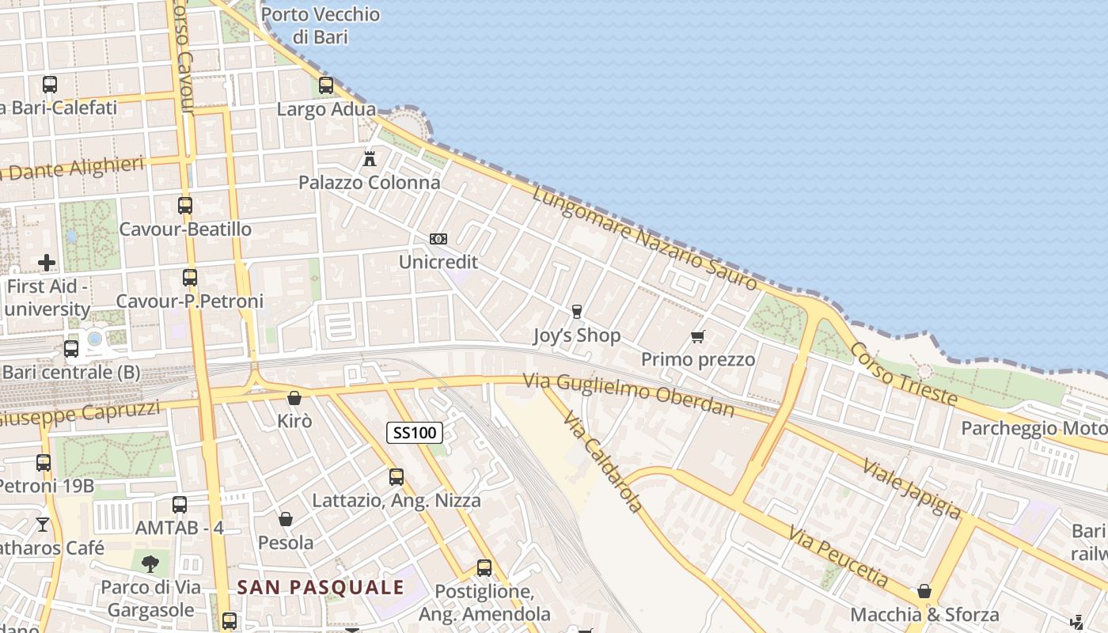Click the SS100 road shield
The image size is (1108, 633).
415,432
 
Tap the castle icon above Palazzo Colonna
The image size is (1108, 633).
369,158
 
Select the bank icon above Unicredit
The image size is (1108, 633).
438,238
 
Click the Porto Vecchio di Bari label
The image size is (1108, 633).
320,25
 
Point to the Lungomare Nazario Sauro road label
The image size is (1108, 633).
644,237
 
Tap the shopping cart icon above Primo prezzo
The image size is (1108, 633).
697,337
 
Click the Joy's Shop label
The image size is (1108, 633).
576,335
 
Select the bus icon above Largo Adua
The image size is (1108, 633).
326,85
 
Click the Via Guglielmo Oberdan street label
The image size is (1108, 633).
628,394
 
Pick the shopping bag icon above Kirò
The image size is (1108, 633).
294,397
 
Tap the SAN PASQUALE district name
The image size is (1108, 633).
321,587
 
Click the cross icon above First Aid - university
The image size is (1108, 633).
47,262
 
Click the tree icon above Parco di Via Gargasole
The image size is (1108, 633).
150,564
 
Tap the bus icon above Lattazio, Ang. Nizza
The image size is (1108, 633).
397,477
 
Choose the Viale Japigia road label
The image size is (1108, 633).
911,488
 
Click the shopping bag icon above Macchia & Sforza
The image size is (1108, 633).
924,591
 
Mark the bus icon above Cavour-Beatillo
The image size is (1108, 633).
185,206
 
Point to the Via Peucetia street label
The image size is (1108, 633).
838,557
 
